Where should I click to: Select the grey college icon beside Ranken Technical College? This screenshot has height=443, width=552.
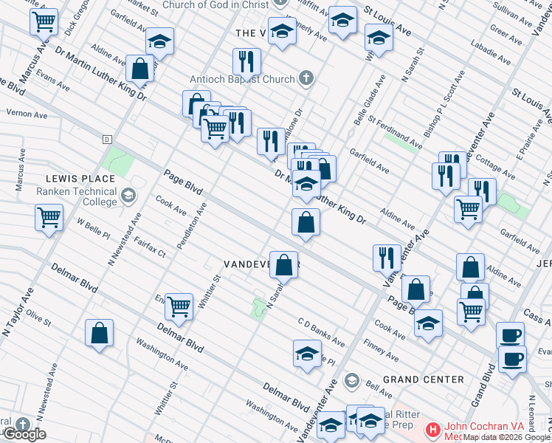128,196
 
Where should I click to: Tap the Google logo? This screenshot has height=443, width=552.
24,434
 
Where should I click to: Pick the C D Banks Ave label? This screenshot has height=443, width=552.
321,332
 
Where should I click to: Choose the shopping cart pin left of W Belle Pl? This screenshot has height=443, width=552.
49,219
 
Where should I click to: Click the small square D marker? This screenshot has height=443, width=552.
106,139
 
